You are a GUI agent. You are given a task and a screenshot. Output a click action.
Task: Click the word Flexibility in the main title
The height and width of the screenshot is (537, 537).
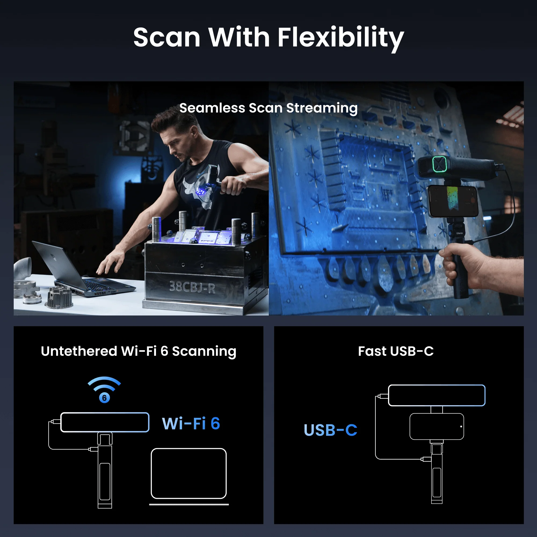340,38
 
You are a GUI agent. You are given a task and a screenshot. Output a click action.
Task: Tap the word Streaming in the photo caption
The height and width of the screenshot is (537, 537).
322,108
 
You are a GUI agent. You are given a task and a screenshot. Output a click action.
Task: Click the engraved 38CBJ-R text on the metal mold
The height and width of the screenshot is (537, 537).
192,287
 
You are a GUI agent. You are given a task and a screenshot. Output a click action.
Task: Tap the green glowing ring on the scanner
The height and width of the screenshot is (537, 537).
440,164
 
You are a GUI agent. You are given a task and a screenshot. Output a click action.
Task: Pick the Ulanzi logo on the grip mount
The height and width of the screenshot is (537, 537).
459,233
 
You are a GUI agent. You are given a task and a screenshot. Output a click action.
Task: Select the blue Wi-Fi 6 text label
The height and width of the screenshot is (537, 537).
191,424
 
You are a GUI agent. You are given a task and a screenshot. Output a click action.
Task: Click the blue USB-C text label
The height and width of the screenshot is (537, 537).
330,430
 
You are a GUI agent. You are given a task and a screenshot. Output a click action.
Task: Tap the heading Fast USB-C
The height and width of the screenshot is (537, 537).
396,351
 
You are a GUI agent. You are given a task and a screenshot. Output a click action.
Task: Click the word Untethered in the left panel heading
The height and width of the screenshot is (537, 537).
79,351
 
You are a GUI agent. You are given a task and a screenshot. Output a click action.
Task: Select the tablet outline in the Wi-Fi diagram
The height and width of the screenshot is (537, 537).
189,473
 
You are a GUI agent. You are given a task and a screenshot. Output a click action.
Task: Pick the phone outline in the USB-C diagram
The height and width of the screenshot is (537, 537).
437,427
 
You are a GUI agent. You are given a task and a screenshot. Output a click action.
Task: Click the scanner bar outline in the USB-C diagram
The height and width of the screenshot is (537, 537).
437,395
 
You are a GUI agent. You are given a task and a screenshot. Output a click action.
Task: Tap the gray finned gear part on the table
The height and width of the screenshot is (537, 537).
59,298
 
